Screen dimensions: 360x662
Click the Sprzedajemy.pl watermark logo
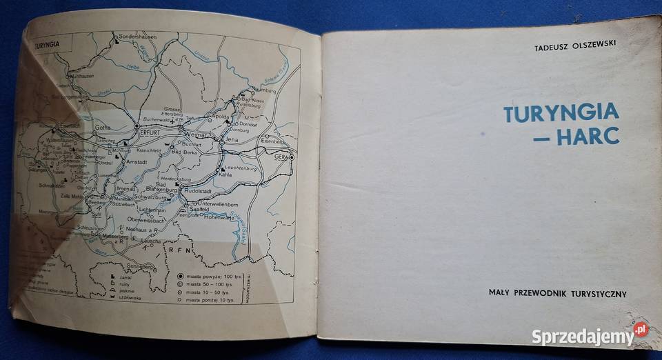click(x=590, y=337)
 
